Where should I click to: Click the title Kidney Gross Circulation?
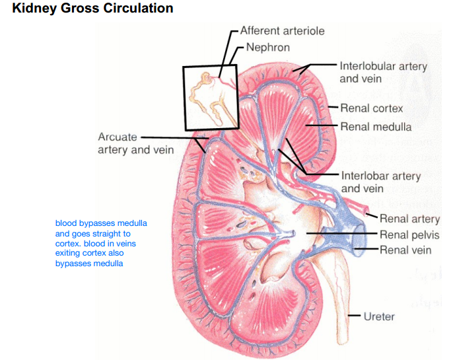pos(92,9)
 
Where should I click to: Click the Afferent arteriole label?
pos(282,30)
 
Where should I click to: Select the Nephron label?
pos(267,47)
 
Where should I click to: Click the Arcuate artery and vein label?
pos(135,143)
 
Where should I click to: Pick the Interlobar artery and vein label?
pos(380,182)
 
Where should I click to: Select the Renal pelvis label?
pos(409,234)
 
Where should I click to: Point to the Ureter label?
pos(379,316)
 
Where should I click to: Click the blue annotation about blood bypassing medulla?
pos(101,243)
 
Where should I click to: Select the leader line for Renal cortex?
pos(332,108)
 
